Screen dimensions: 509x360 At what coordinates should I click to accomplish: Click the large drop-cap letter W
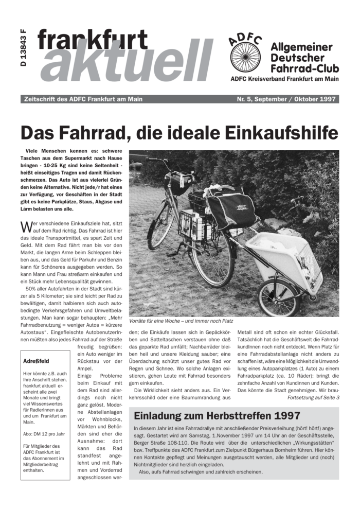[25, 227]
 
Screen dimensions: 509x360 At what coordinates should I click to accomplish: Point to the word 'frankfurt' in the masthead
[93, 40]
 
